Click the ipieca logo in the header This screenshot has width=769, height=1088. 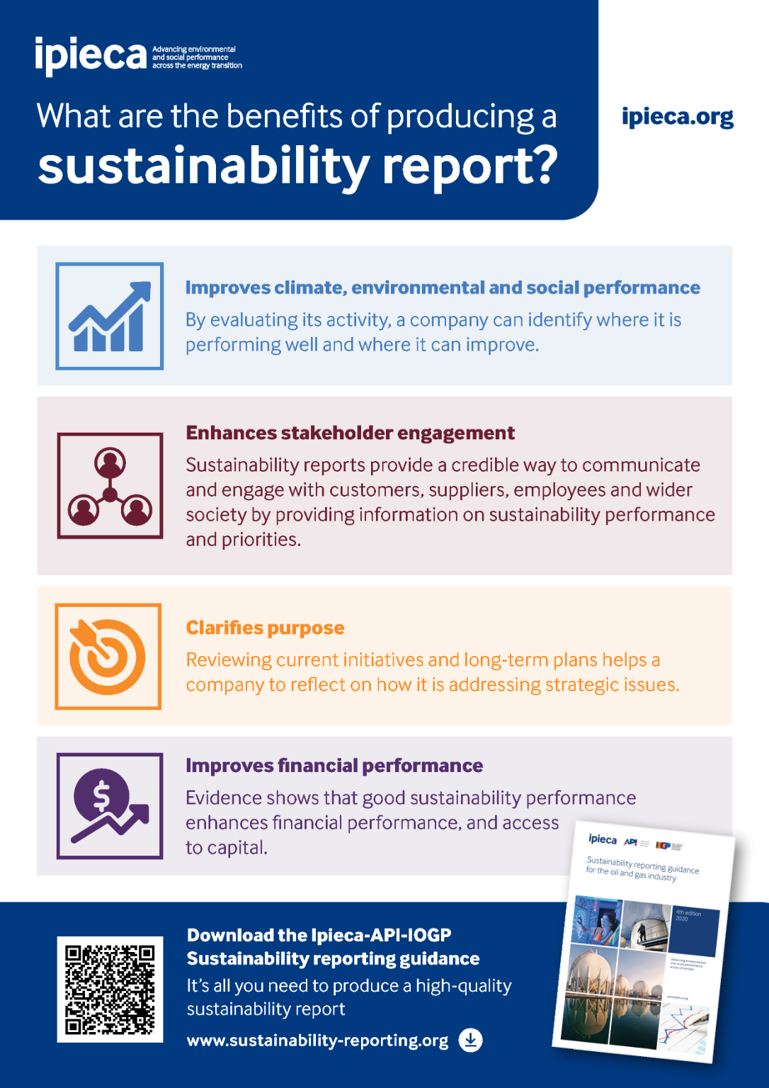(91, 56)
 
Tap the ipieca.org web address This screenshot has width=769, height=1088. (677, 117)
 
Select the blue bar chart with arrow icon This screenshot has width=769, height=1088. (110, 316)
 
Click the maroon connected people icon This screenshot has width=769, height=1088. (110, 486)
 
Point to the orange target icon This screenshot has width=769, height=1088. (108, 656)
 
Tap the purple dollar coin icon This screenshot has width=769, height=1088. (110, 806)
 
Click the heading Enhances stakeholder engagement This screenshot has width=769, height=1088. (350, 433)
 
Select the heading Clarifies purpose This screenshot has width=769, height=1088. (265, 628)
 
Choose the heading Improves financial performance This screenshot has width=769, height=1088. (334, 766)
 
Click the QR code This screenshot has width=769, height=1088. (110, 989)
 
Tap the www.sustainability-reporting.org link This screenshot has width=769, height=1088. (317, 1041)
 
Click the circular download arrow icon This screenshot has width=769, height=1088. (470, 1040)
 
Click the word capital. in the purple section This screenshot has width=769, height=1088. (227, 848)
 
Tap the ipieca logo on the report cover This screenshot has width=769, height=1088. (603, 839)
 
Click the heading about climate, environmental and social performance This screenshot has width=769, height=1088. (443, 288)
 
